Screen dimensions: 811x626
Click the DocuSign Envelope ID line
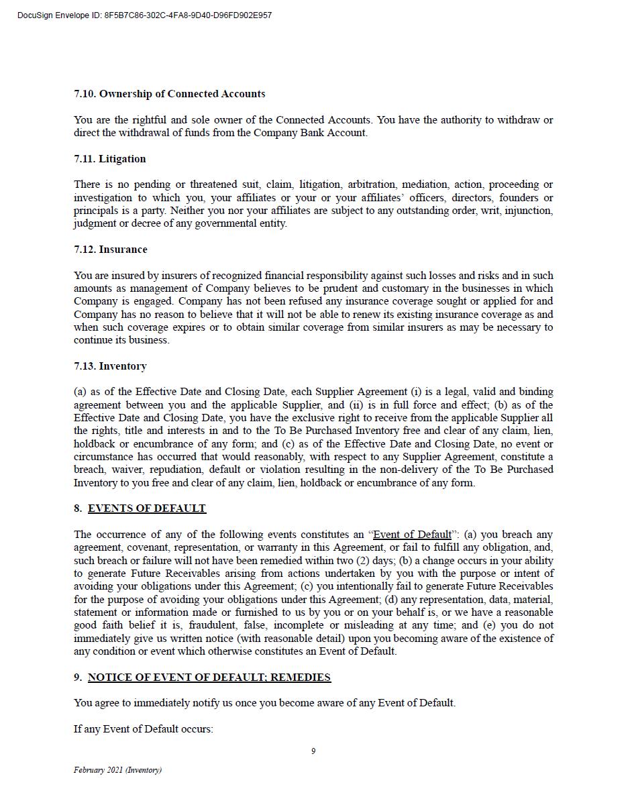145,15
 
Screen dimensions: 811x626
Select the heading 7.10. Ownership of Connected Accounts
169,94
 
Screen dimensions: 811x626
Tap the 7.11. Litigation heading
109,159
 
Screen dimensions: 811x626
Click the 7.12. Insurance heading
110,250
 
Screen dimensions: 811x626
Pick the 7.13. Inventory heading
110,366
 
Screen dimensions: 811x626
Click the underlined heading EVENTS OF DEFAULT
146,508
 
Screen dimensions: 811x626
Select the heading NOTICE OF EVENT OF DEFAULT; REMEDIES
209,678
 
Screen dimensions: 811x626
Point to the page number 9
313,751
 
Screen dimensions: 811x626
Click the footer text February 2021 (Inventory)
117,770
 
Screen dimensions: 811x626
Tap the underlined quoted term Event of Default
412,535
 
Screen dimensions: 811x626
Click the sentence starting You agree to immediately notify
264,703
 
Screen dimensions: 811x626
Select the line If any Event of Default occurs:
144,729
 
